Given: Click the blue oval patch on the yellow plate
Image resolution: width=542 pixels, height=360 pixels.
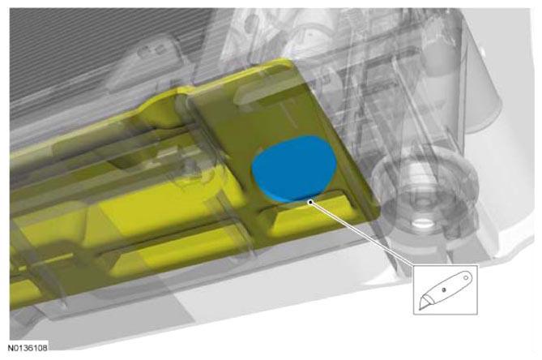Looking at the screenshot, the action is pos(294,169).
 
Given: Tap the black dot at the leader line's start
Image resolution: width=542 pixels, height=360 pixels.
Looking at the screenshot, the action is pos(311,202).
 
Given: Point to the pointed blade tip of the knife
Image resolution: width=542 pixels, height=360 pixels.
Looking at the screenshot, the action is pos(420,308).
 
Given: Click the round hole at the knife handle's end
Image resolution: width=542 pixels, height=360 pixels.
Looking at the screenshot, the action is pos(466,277).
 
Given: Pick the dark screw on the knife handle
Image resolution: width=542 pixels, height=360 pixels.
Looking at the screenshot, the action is pos(444,289).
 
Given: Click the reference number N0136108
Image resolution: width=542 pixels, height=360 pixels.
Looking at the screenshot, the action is pos(28,348).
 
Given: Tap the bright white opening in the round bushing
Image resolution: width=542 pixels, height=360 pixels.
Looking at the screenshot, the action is pos(422,224).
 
